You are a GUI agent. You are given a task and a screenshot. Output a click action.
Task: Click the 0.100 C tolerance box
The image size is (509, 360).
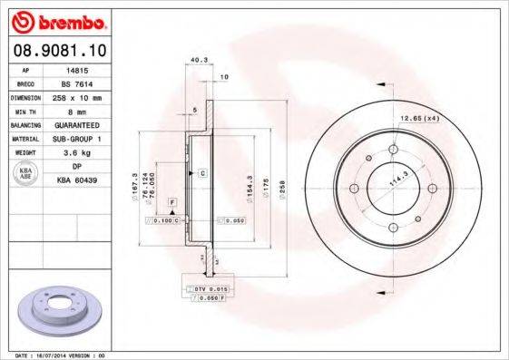pyautogui.click(x=166, y=219)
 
